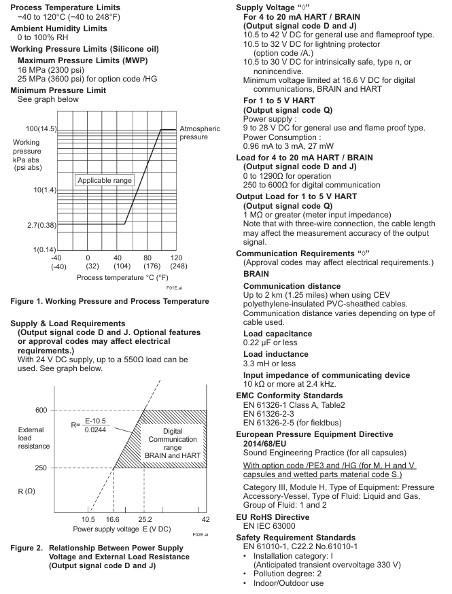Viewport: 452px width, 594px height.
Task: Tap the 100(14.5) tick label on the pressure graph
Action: point(41,129)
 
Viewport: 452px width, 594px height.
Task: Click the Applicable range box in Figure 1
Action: point(105,180)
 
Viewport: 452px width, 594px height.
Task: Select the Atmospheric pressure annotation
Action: point(199,133)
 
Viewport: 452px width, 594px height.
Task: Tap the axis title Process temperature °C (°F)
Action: point(122,277)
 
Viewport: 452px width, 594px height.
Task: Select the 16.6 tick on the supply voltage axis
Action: point(112,519)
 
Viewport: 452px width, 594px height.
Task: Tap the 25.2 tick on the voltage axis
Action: point(144,519)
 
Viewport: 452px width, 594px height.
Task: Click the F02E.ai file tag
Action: point(199,535)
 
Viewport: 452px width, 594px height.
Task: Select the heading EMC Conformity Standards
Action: point(298,395)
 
